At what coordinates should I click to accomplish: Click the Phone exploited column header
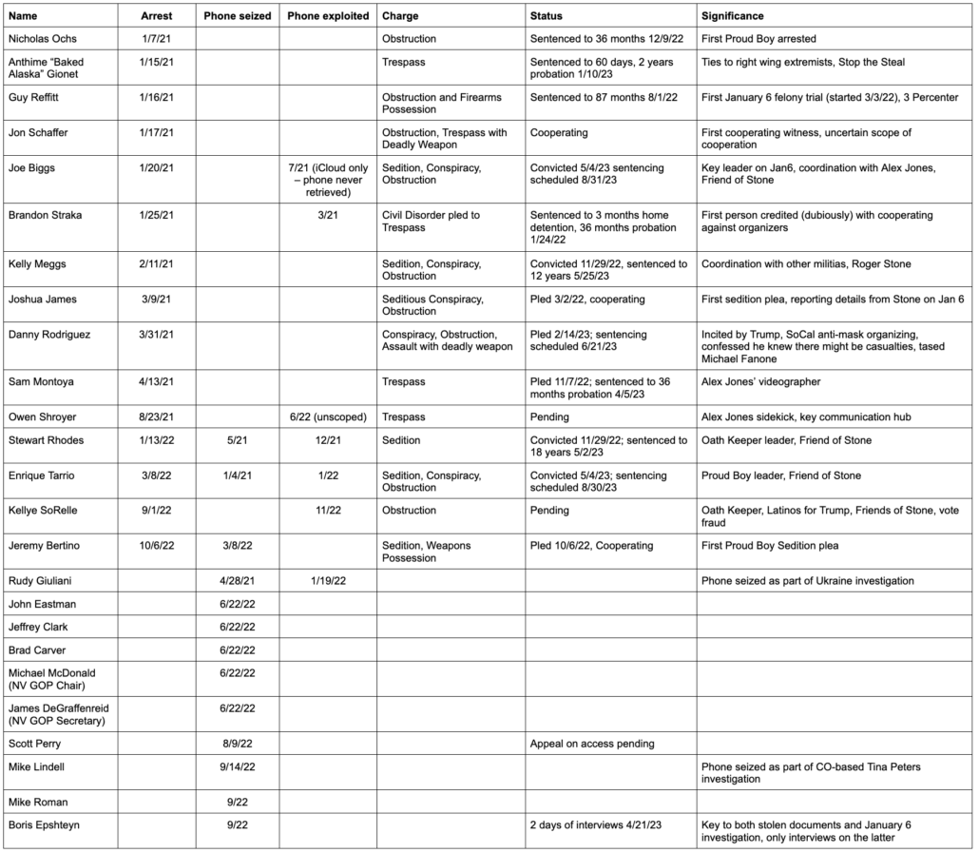point(327,16)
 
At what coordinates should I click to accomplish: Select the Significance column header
point(733,16)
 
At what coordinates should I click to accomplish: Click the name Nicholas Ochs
point(43,39)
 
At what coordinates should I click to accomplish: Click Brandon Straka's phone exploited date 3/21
point(327,215)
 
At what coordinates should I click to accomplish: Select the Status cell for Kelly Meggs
point(608,270)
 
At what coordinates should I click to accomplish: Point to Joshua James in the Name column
point(42,300)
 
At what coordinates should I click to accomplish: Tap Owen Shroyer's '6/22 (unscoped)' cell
point(327,417)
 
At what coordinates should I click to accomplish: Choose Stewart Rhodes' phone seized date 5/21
point(238,440)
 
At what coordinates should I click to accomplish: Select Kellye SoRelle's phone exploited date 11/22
point(327,511)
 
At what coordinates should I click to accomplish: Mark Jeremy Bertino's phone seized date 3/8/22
point(238,546)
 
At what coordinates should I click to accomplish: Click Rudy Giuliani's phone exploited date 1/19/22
point(327,580)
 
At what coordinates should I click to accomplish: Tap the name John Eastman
point(42,604)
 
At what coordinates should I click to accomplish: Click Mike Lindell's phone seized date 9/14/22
point(238,766)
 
